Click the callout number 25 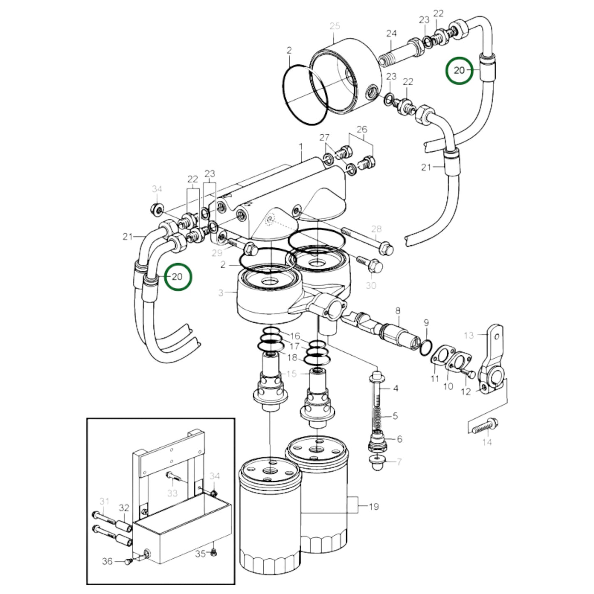click(335, 26)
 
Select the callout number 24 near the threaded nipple click(391, 33)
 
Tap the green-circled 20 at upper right click(459, 71)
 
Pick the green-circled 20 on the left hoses click(177, 277)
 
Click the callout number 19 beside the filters click(373, 506)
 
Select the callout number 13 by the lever click(469, 335)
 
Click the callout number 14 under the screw click(487, 442)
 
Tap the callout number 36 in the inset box click(107, 561)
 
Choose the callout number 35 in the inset click(200, 554)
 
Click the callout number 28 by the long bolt click(376, 229)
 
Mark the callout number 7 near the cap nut click(399, 462)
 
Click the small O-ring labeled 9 click(425, 348)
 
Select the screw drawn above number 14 click(485, 426)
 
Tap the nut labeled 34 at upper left click(157, 209)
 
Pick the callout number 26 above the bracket click(362, 129)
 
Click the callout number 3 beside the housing click(221, 293)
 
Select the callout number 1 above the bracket click(300, 146)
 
